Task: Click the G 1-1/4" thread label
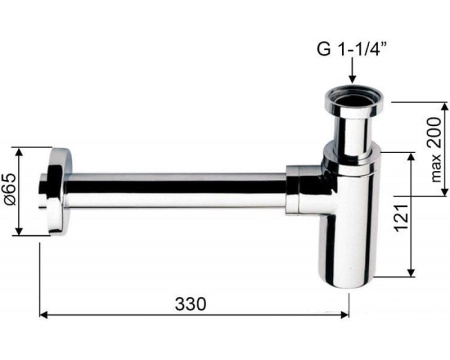(352, 49)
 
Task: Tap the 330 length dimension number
(191, 304)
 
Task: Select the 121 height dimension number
(401, 218)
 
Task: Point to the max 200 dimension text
(436, 149)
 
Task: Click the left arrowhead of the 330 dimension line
(43, 314)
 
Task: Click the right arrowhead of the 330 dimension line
(345, 314)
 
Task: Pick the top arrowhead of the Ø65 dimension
(19, 152)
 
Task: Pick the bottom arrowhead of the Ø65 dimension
(19, 231)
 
